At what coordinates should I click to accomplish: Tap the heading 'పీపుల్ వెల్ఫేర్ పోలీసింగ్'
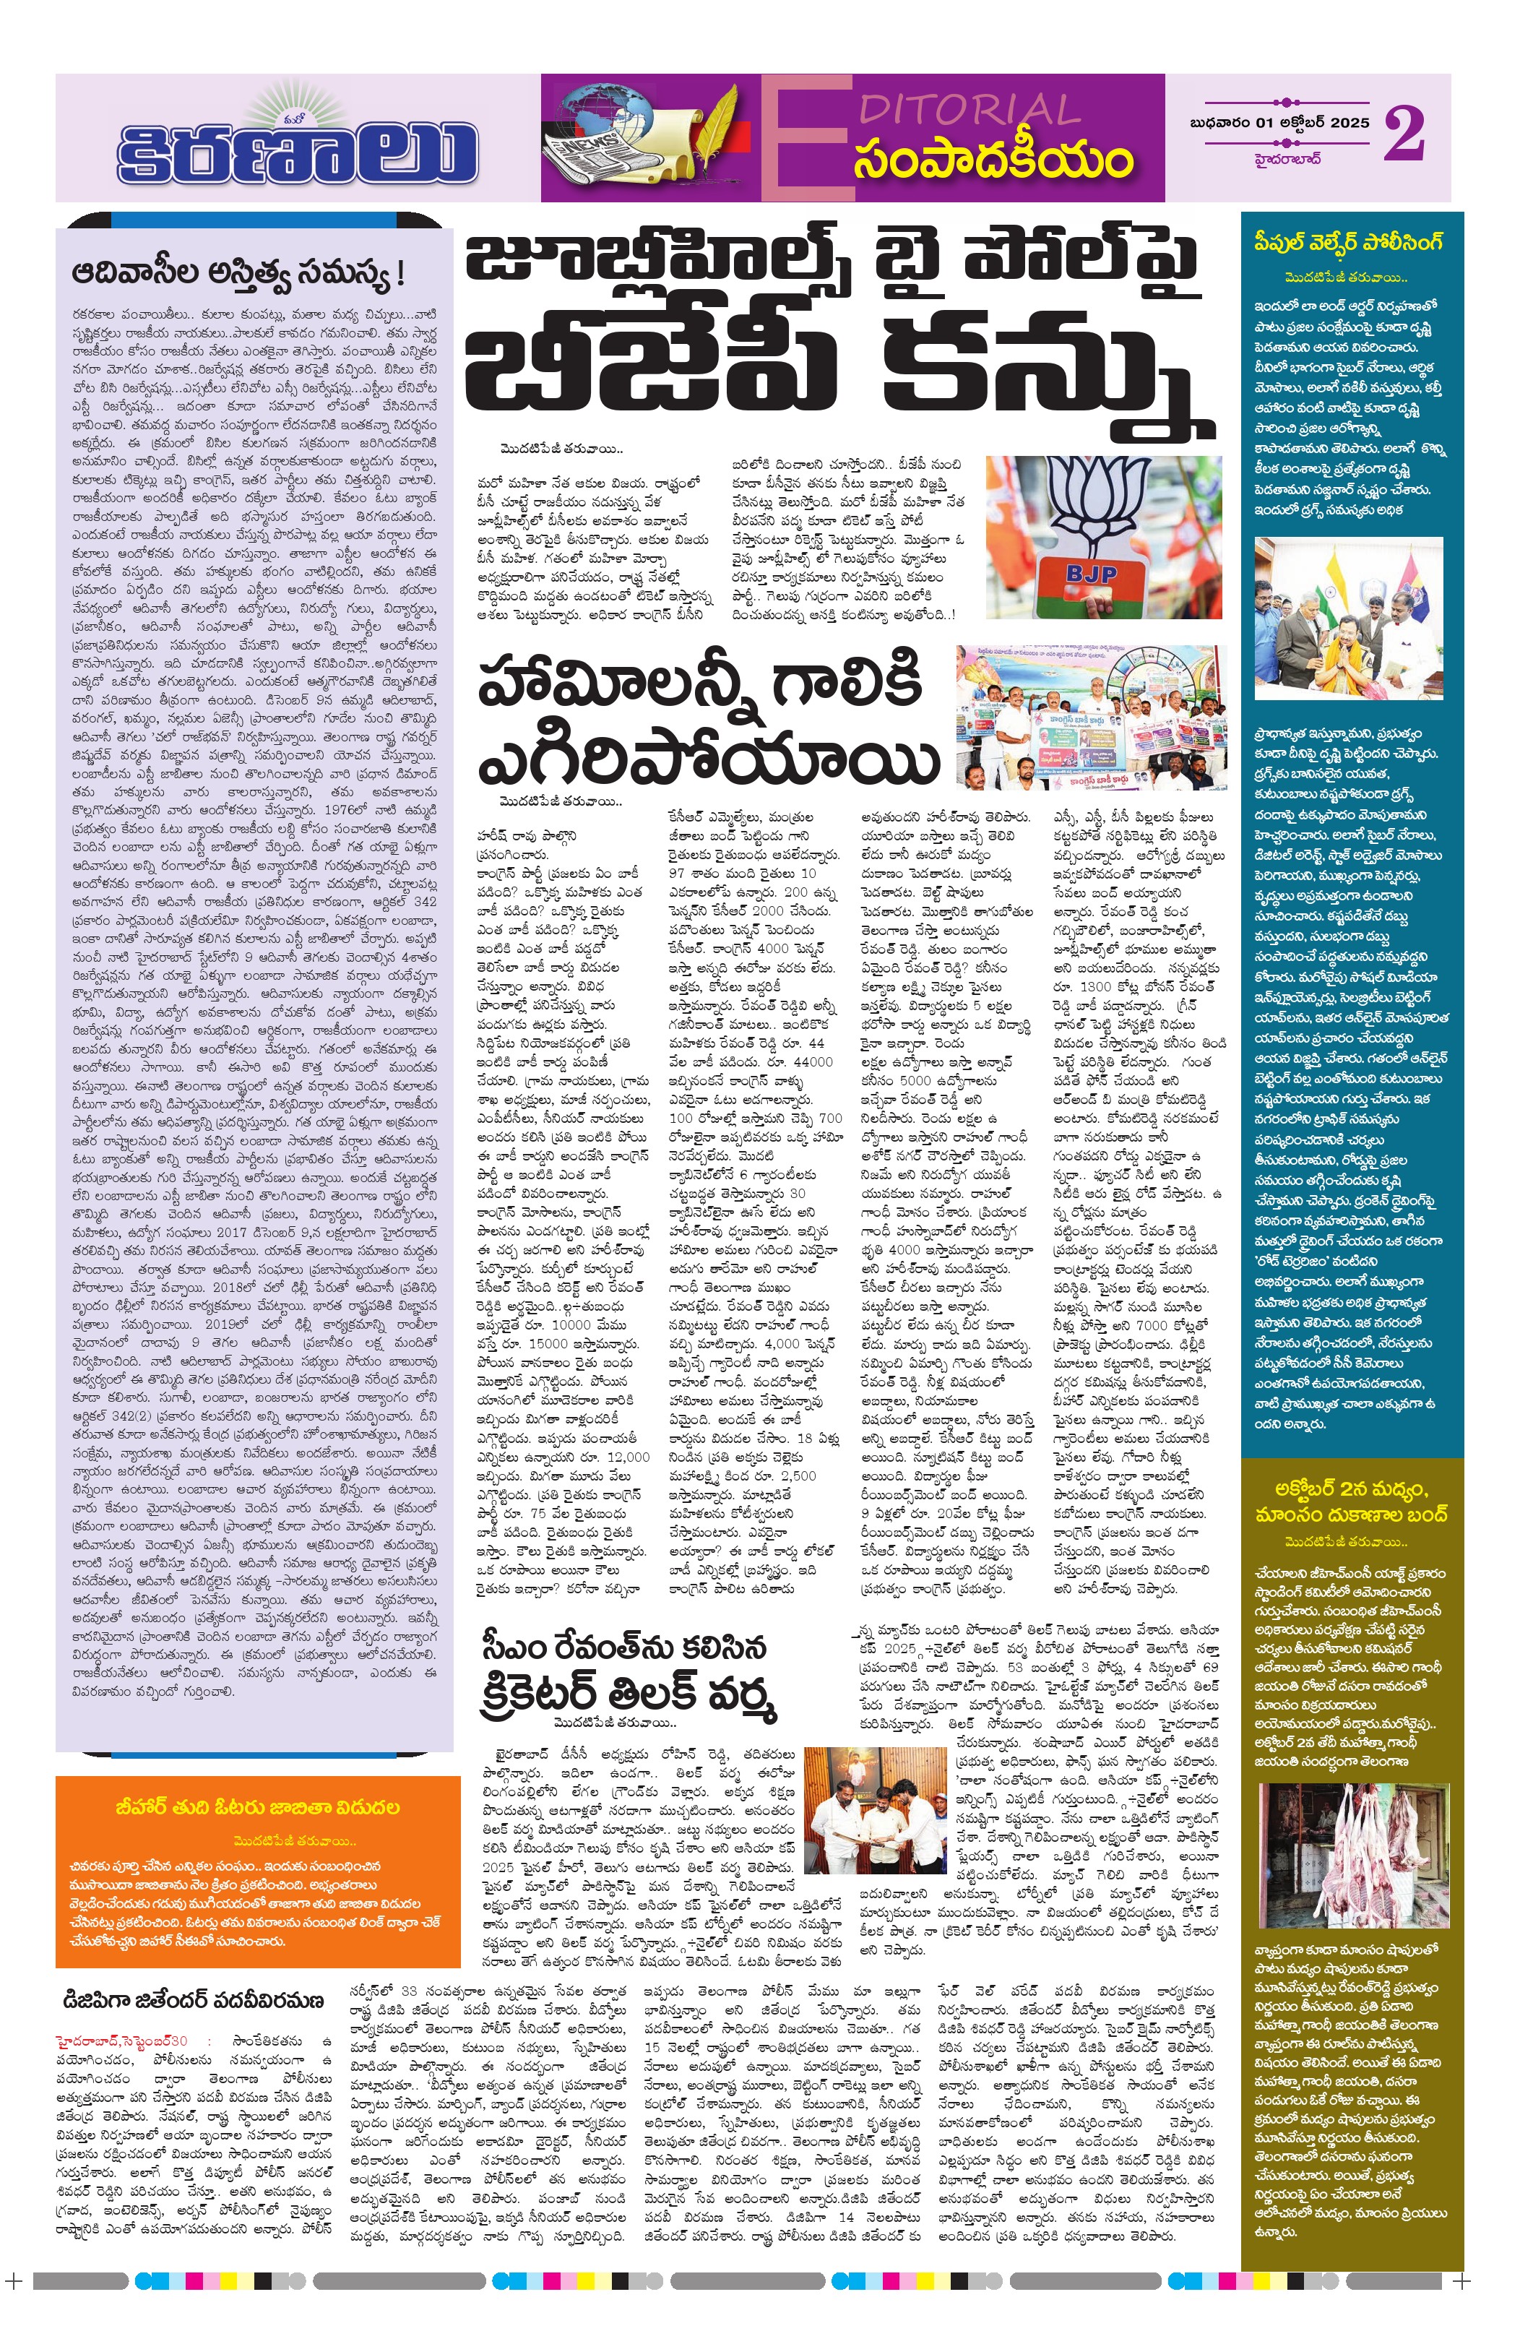click(x=1347, y=243)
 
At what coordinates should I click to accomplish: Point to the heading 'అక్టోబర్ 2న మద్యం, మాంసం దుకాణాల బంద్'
click(x=1347, y=1501)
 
